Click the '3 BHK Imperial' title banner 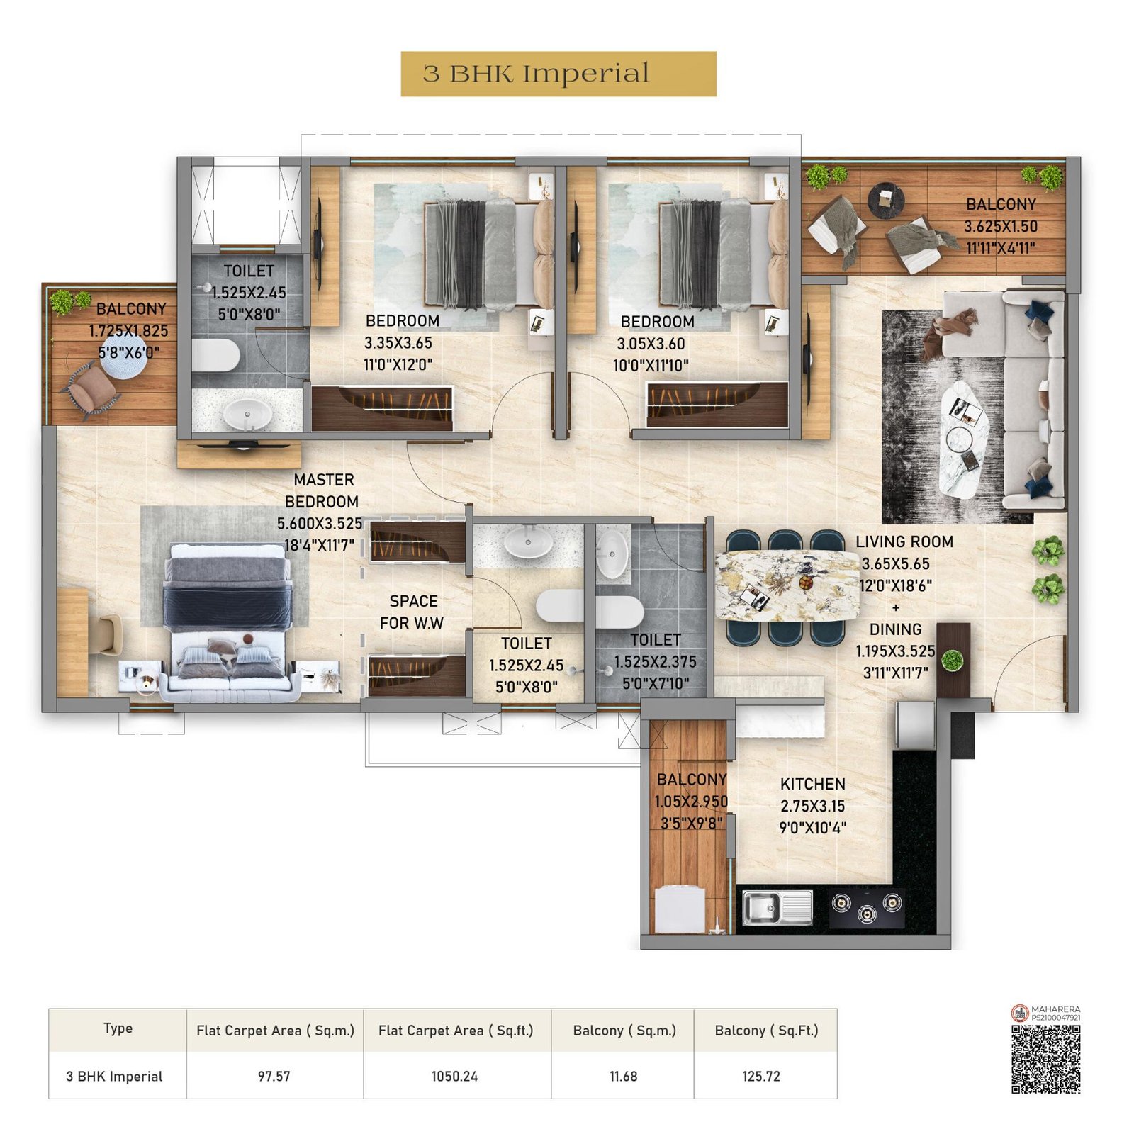pyautogui.click(x=558, y=74)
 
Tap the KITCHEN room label pyautogui.click(x=812, y=784)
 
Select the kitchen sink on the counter pyautogui.click(x=776, y=908)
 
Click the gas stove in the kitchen pyautogui.click(x=866, y=909)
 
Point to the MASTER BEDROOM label pyautogui.click(x=322, y=490)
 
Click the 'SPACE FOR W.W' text pyautogui.click(x=412, y=612)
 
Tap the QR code pyautogui.click(x=1045, y=1059)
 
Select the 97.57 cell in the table pyautogui.click(x=274, y=1076)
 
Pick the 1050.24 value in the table pyautogui.click(x=454, y=1076)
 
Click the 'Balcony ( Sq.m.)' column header pyautogui.click(x=624, y=1031)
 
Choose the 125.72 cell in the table pyautogui.click(x=761, y=1076)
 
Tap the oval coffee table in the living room pyautogui.click(x=965, y=439)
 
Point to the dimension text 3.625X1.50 pyautogui.click(x=1000, y=227)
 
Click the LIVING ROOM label pyautogui.click(x=904, y=541)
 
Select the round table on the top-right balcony pyautogui.click(x=886, y=200)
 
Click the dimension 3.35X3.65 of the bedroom pyautogui.click(x=398, y=343)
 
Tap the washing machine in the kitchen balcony pyautogui.click(x=680, y=909)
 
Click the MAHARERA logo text pyautogui.click(x=1055, y=1009)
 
